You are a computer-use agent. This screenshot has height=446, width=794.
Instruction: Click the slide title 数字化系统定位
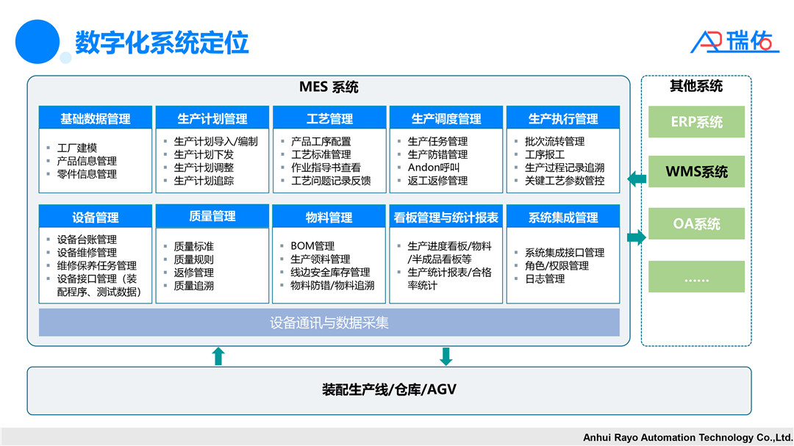point(162,42)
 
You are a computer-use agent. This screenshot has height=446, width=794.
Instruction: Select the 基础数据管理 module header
point(96,118)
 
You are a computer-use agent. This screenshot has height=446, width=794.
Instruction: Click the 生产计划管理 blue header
point(212,118)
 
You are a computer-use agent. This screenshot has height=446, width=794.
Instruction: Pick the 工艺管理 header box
point(329,118)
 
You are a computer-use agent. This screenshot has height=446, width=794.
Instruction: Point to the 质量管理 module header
point(212,216)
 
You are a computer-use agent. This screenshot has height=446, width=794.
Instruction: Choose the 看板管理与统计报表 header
point(446,217)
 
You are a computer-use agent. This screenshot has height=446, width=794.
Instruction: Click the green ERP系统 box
point(696,122)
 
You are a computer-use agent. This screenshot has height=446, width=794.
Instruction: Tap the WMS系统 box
point(696,172)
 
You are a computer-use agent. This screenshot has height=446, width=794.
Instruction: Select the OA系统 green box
point(696,223)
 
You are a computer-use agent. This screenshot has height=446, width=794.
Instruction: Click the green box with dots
point(696,276)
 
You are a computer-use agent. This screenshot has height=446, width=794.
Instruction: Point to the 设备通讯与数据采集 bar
point(329,322)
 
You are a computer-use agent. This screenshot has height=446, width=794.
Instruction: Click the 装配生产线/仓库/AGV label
point(389,389)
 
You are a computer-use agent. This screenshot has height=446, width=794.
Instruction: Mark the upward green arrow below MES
point(218,356)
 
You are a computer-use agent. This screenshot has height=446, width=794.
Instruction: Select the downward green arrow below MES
point(446,356)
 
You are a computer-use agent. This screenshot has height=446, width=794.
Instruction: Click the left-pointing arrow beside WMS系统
point(637,178)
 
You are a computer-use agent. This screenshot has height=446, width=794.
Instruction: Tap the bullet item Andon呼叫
point(434,168)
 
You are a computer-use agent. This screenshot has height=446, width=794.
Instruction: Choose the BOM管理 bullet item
point(312,245)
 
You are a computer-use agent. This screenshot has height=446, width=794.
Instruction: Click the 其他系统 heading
point(695,86)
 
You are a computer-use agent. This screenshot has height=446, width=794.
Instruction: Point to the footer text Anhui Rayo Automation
point(687,437)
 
